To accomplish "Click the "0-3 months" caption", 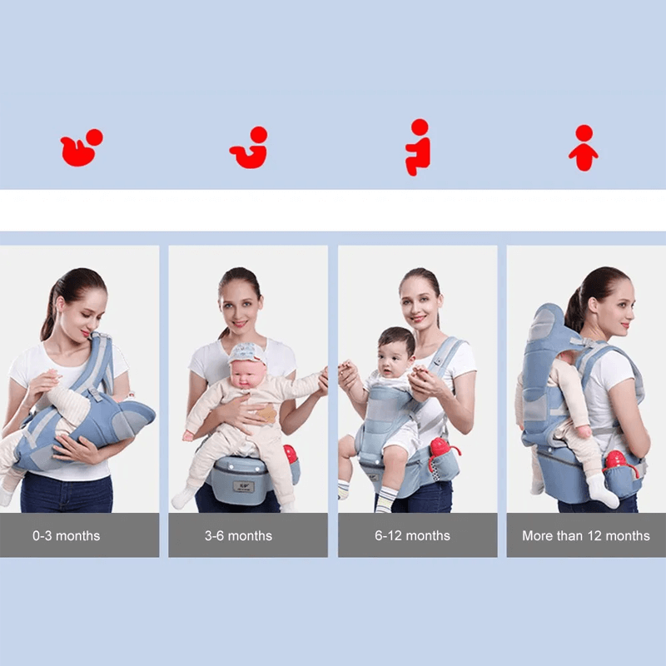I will click(67, 535).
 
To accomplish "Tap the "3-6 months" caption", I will click(238, 535).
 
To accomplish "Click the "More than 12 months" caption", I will click(585, 535).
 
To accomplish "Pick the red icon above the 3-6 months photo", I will click(250, 148).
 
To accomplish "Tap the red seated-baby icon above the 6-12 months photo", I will click(418, 147).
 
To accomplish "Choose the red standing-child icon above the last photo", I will click(584, 147).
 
